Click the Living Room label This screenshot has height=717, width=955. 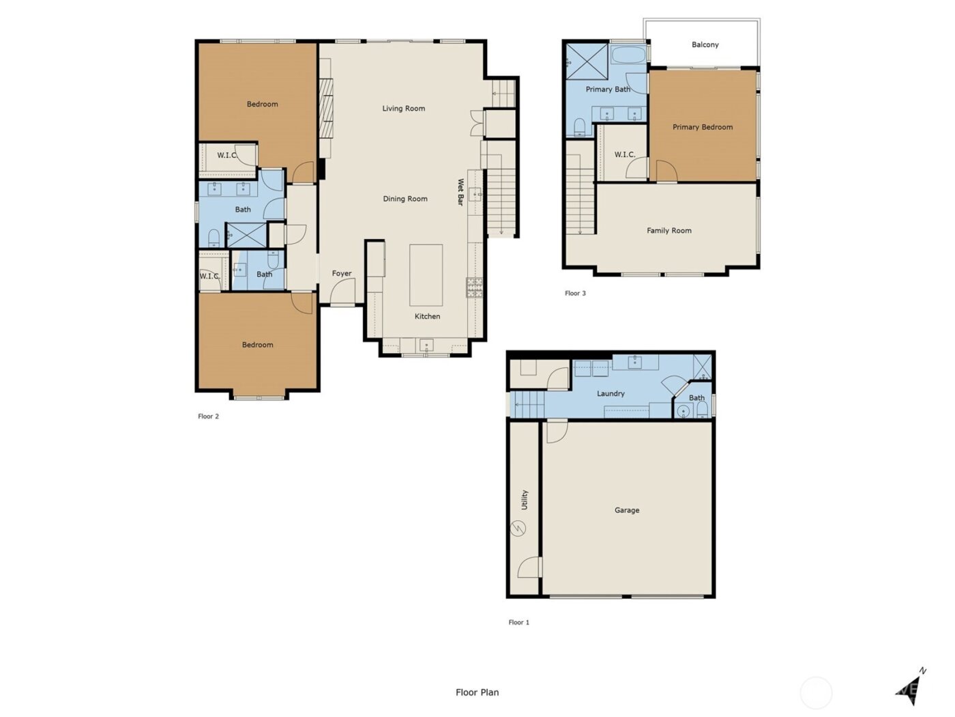pos(403,109)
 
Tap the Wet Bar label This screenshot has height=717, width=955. pos(460,192)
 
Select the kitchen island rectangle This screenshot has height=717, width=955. pos(426,275)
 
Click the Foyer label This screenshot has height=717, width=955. pos(342,274)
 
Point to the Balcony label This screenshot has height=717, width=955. pos(705,45)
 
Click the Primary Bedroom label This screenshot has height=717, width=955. pos(703,127)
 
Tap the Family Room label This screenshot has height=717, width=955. pos(668,231)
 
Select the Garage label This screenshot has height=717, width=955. pos(626,510)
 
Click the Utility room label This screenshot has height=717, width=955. pos(525,500)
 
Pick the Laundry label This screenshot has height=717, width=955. pos(611,393)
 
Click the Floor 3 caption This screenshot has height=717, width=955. pos(575,294)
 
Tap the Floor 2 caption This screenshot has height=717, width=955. pos(208,417)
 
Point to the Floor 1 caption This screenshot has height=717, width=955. pos(518,623)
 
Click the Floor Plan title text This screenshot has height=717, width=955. pos(477,692)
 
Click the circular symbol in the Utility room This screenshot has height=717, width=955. pos(518,529)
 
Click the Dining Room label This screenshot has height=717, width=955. pos(405,199)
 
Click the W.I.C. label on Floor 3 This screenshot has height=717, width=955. pos(624,155)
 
